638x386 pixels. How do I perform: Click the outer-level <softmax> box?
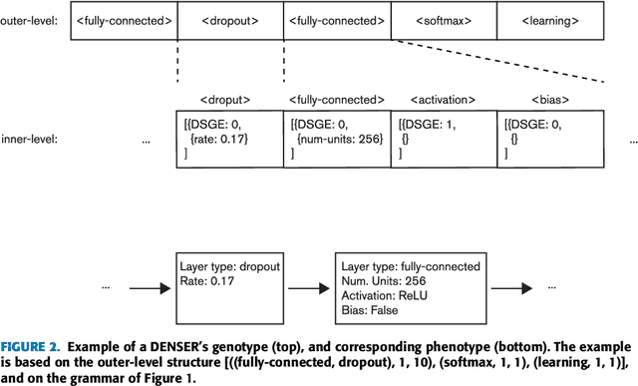click(443, 20)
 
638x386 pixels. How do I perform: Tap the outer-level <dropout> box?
click(231, 20)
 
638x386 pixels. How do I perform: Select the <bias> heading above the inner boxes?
click(550, 100)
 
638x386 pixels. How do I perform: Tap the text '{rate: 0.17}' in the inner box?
click(224, 139)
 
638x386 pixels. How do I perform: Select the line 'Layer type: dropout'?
click(231, 266)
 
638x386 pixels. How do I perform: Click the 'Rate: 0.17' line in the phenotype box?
click(207, 280)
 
